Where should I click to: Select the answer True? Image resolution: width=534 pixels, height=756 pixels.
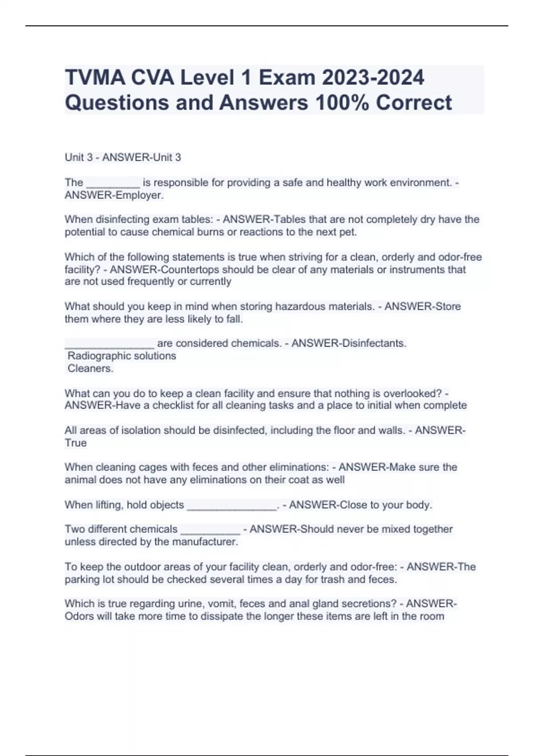coord(76,443)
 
